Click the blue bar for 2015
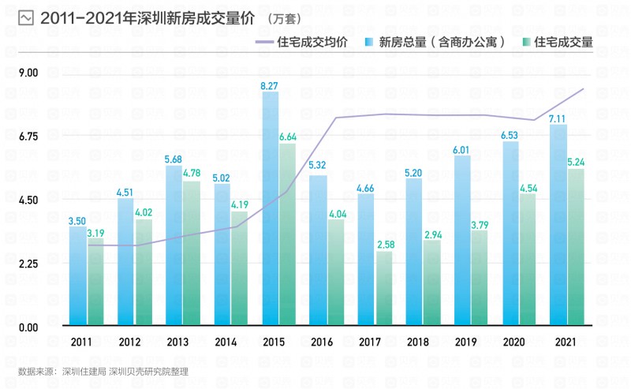(x=270, y=208)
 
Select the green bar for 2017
(x=384, y=288)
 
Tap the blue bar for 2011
(x=77, y=276)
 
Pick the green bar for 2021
(x=576, y=246)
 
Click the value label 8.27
(x=270, y=85)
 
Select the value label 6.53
(x=510, y=135)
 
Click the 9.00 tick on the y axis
(x=28, y=73)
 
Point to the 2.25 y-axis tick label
(x=28, y=264)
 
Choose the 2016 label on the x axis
(x=319, y=342)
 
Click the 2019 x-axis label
(x=465, y=342)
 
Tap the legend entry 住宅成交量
(x=563, y=42)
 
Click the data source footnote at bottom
(x=103, y=370)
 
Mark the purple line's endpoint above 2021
(x=584, y=88)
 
